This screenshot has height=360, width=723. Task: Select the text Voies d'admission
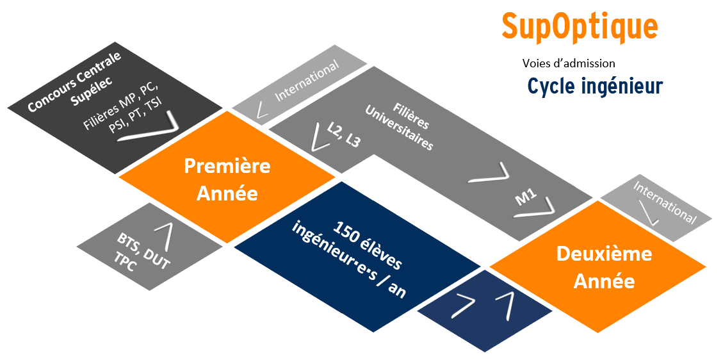tap(569, 63)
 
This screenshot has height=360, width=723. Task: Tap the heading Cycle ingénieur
tap(594, 86)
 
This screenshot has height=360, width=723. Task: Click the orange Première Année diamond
tap(227, 179)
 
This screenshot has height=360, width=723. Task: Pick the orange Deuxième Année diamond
tap(604, 266)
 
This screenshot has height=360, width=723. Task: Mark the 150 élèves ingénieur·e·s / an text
tap(346, 260)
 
